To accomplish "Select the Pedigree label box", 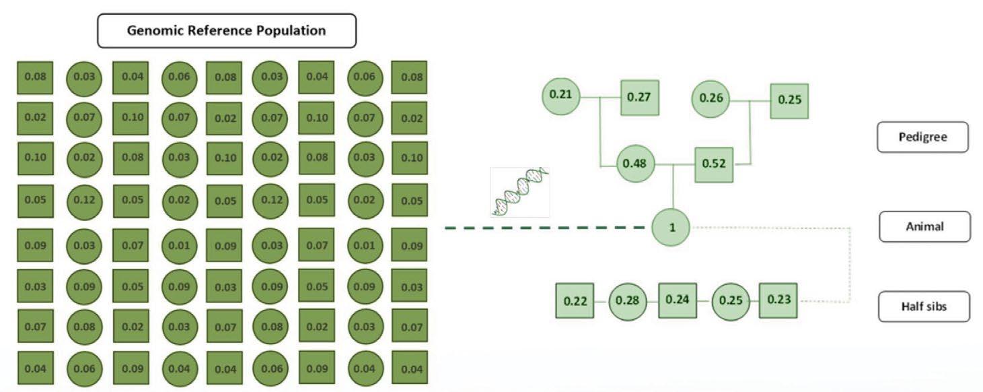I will [923, 137].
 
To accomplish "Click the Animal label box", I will [924, 226].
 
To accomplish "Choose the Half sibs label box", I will [924, 306].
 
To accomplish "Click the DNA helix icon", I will [519, 192].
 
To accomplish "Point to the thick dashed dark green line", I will [545, 228].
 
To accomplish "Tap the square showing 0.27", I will [639, 97].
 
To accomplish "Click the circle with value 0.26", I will [711, 98].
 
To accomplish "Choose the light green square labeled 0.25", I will [789, 100].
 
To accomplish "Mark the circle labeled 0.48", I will [635, 164].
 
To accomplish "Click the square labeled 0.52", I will [714, 164].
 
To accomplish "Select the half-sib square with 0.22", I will [575, 302].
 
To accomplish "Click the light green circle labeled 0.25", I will [730, 300].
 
